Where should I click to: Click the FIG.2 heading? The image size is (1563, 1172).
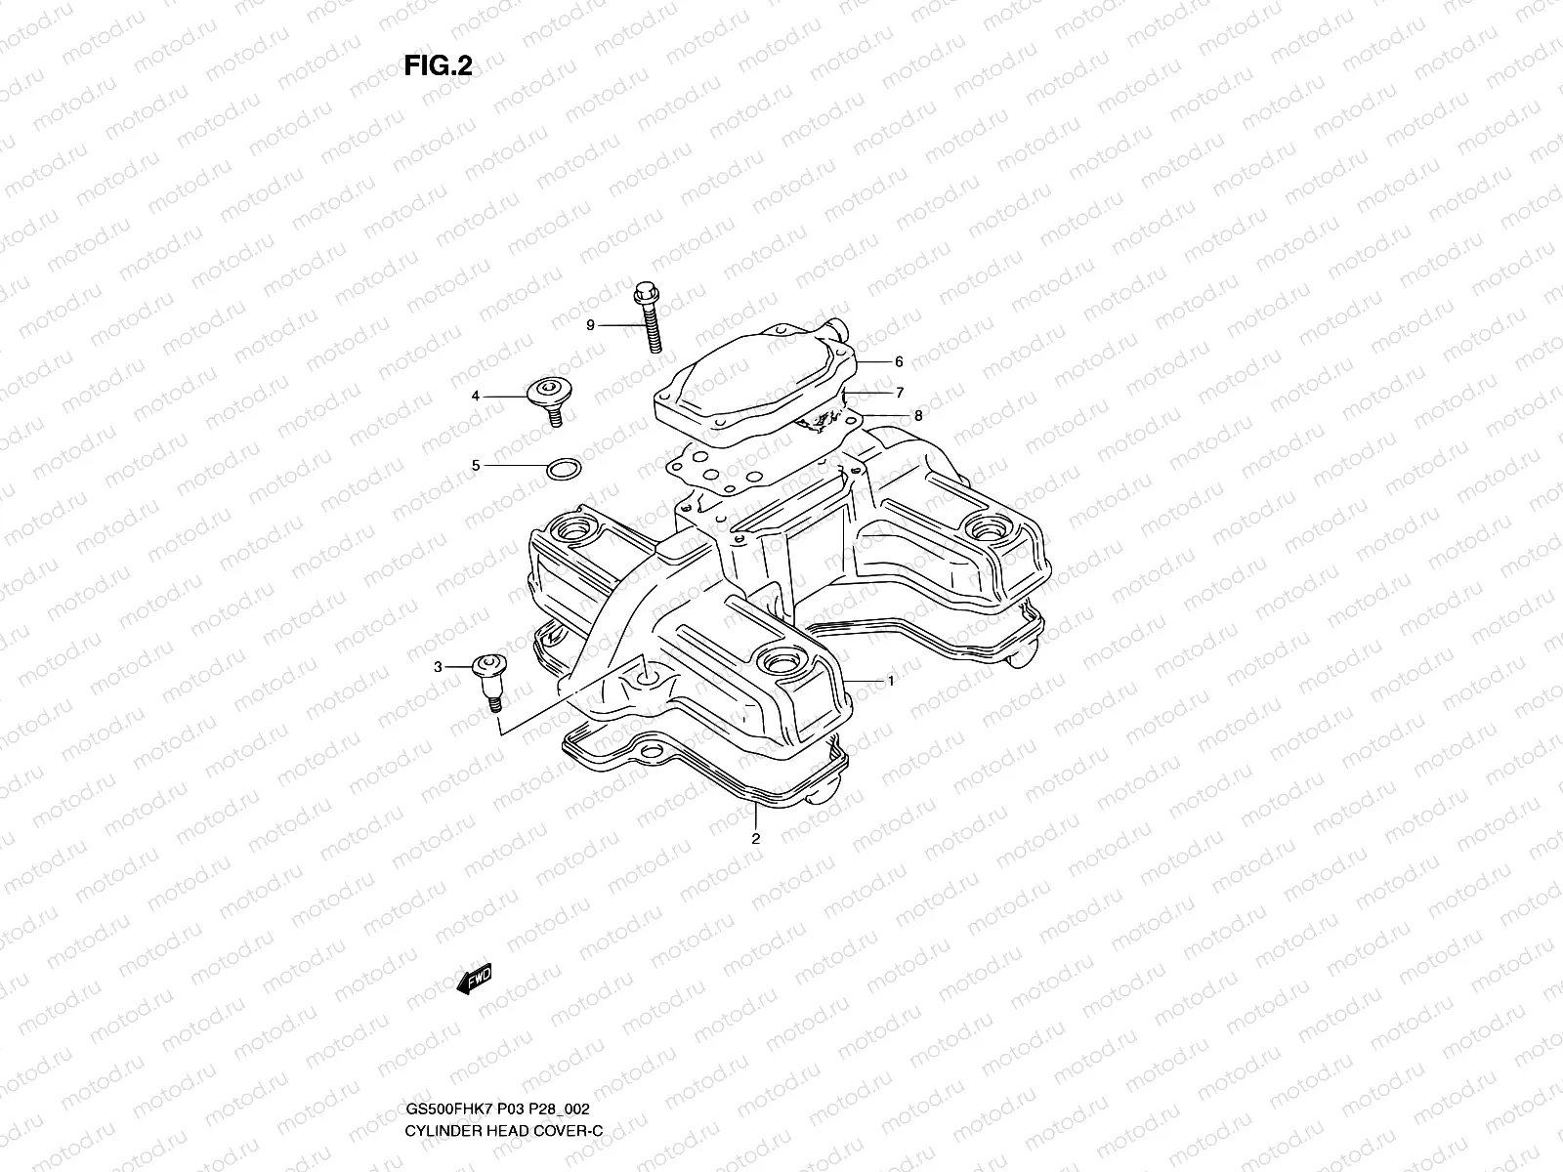coord(439,65)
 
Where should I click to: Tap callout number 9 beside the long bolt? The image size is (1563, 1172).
coord(590,325)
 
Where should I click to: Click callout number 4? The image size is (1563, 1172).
coord(476,396)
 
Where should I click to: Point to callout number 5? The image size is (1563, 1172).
coord(476,466)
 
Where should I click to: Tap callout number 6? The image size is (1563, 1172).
coord(899,361)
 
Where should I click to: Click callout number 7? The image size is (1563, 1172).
coord(899,393)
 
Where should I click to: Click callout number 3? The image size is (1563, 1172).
coord(438,667)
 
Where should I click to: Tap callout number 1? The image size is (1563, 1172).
coord(890,681)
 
